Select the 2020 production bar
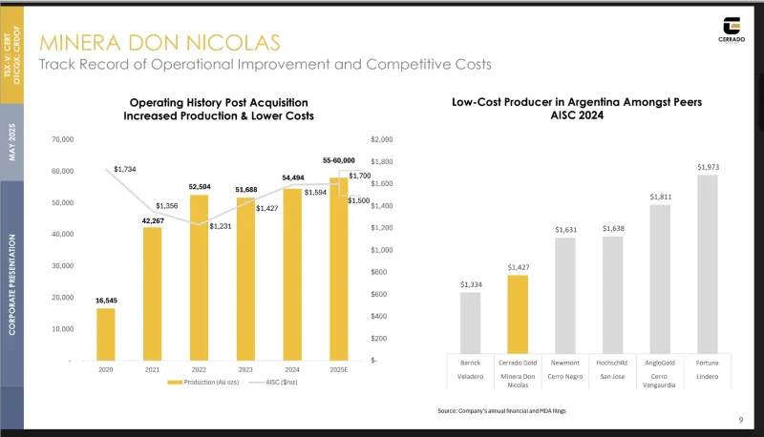click(x=105, y=334)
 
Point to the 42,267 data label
click(x=153, y=220)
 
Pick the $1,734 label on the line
click(x=125, y=169)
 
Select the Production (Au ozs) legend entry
click(x=204, y=383)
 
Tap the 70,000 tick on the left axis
click(x=61, y=140)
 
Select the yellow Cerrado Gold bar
click(x=518, y=314)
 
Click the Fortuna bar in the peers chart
click(x=708, y=263)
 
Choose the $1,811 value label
click(x=660, y=197)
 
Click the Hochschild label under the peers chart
click(x=611, y=364)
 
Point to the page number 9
click(x=742, y=419)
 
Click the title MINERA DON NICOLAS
click(x=159, y=42)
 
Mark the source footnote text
click(x=495, y=410)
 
